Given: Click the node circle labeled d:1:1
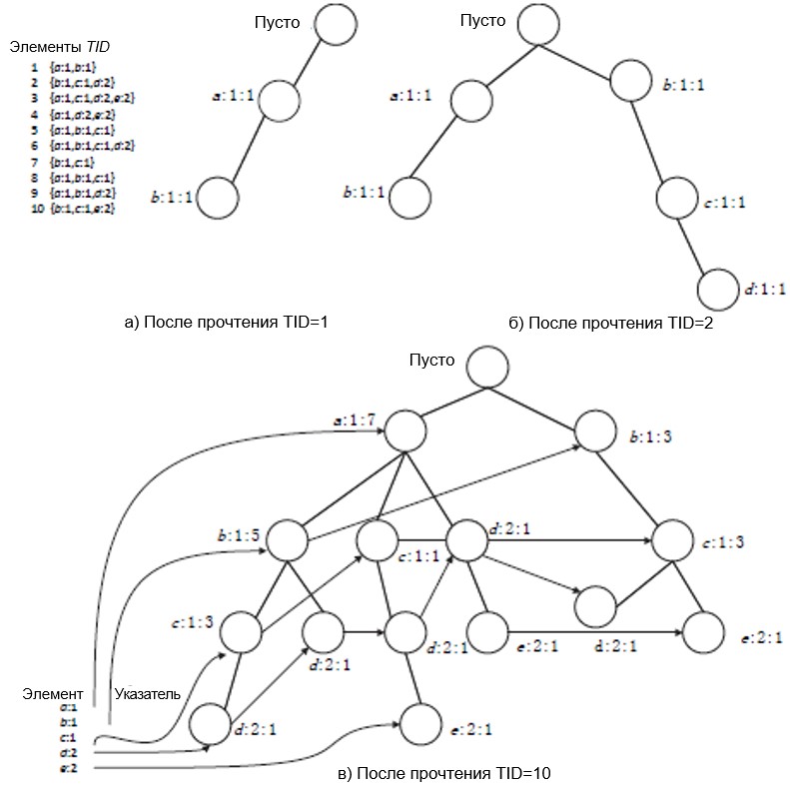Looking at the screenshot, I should pos(719,290).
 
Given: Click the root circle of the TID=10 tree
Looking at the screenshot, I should pos(486,368).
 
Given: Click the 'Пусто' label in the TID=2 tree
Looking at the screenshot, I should pos(482,19).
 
